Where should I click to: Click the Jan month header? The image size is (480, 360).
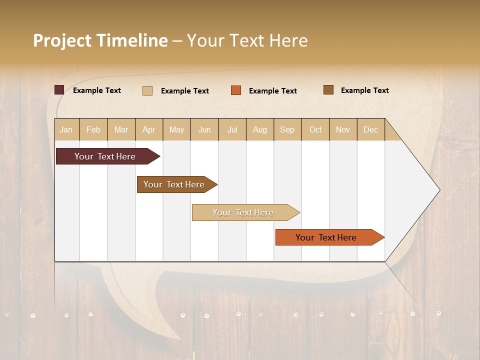66,130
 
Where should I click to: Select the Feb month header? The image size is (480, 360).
93,130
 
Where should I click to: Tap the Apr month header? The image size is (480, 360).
149,130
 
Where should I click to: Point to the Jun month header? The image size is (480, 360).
204,130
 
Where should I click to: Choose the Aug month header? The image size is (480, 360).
260,130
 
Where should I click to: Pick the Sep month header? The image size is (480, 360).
287,130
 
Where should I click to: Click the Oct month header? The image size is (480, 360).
315,130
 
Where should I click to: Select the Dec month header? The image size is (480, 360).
371,130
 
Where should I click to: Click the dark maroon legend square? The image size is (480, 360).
59,90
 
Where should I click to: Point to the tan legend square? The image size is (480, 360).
147,90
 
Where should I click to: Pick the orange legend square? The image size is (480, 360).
236,90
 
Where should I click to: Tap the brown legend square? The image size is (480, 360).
328,90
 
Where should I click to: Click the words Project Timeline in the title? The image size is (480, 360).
100,40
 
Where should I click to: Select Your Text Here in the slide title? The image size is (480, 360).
247,40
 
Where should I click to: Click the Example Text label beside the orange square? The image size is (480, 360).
272,91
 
